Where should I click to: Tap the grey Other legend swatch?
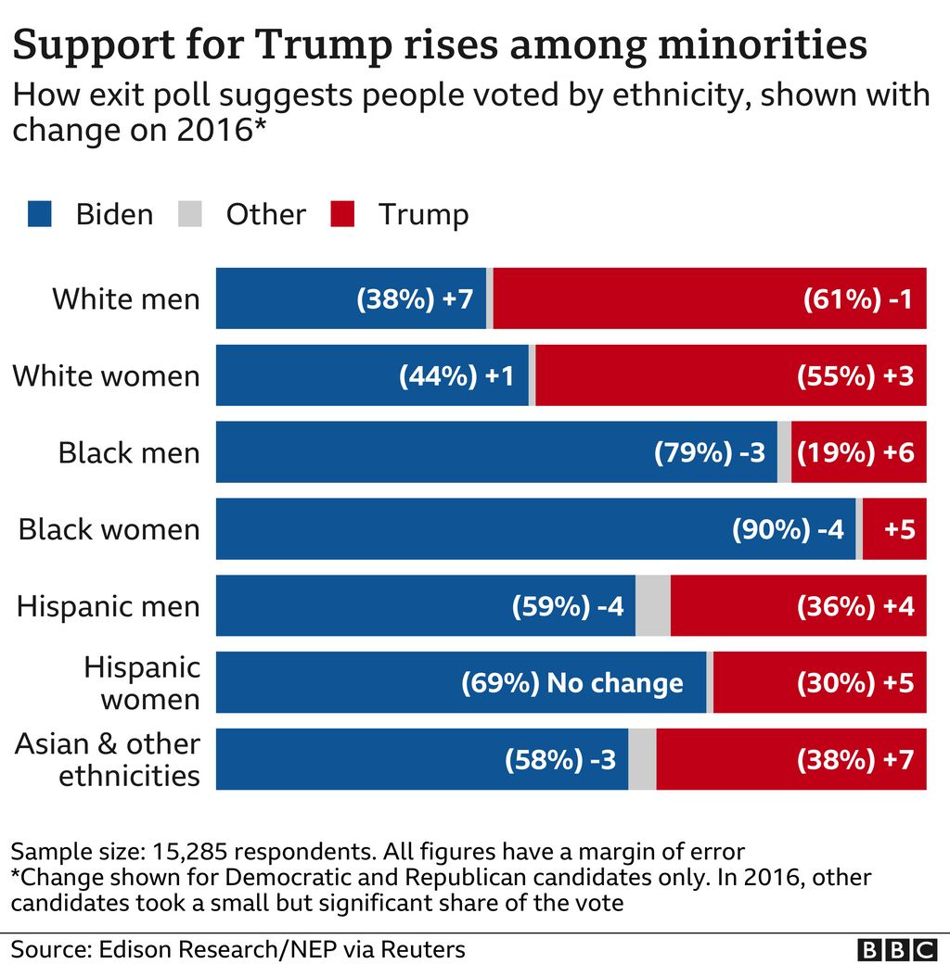click(x=188, y=214)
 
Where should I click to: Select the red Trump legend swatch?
click(x=341, y=214)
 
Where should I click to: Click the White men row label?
click(x=125, y=298)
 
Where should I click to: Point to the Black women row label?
click(x=109, y=529)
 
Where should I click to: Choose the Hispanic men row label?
click(x=108, y=606)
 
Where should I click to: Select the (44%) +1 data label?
click(x=456, y=375)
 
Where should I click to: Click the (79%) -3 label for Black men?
click(x=710, y=452)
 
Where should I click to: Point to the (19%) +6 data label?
click(x=856, y=452)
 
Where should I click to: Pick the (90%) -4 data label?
click(x=788, y=529)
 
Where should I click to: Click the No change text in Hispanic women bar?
click(x=614, y=683)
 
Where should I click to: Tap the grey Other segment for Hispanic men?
click(x=653, y=606)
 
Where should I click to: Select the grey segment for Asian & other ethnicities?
click(x=642, y=760)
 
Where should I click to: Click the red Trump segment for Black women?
click(x=894, y=529)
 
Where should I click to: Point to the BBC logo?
click(x=897, y=949)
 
